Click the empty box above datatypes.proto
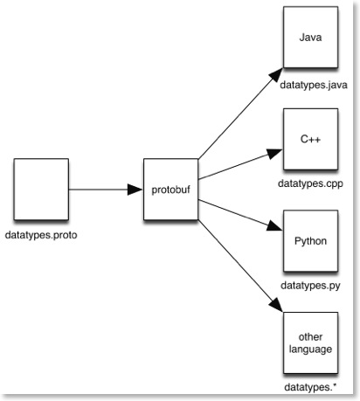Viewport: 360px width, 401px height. click(41, 190)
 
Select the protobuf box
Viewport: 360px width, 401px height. click(170, 190)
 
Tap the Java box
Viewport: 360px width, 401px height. click(311, 38)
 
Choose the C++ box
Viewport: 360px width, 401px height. click(311, 139)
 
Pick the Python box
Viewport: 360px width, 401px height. click(311, 241)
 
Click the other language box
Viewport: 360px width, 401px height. click(311, 342)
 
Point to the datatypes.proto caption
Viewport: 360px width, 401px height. click(41, 235)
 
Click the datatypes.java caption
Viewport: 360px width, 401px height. click(314, 86)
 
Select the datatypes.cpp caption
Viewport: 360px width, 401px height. click(310, 183)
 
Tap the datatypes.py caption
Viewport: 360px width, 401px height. click(310, 286)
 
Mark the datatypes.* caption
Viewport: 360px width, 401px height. click(310, 387)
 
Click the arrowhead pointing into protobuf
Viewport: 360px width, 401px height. click(135, 190)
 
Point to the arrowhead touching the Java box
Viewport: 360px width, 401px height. click(275, 75)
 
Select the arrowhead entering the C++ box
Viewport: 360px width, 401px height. click(274, 153)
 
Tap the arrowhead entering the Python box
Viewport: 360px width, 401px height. click(274, 226)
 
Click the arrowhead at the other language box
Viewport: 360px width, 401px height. click(275, 305)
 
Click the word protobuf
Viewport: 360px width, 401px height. click(170, 190)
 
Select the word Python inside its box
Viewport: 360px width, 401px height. click(310, 241)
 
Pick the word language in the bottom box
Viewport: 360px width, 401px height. click(310, 349)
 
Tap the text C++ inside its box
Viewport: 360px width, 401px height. click(310, 139)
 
